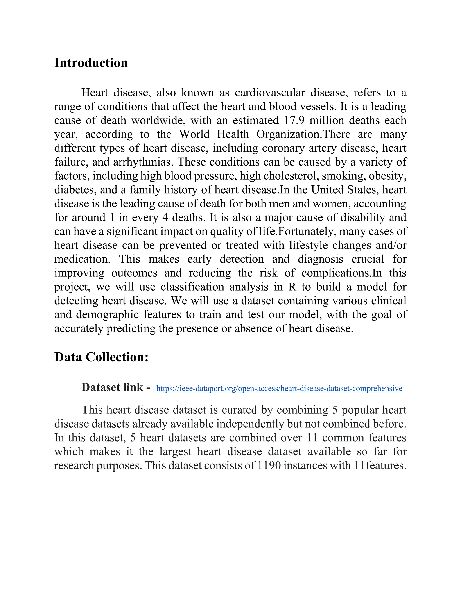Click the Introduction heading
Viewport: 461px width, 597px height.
click(x=91, y=63)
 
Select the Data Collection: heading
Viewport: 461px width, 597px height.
click(x=101, y=357)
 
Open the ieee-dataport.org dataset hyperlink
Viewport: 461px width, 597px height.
click(x=279, y=388)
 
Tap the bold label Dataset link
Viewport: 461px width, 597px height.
click(x=115, y=387)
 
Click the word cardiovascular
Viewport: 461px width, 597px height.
click(x=270, y=93)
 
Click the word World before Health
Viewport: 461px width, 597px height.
click(x=194, y=134)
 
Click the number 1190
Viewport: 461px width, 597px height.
click(x=269, y=465)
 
